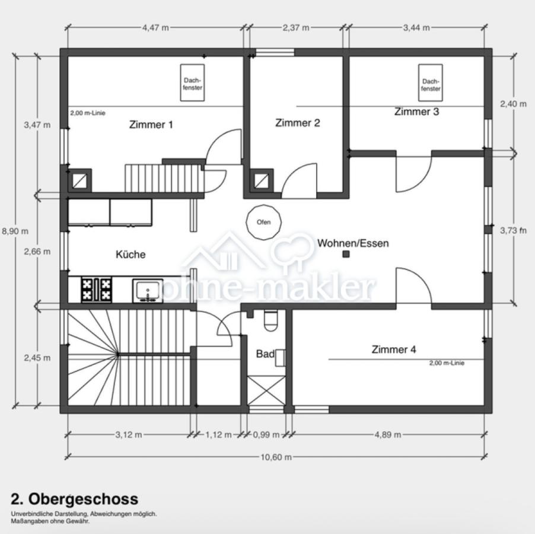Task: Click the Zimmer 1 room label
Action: click(x=151, y=125)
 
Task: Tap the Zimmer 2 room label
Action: click(x=298, y=123)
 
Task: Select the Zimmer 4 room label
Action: click(x=394, y=349)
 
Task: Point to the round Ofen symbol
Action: click(x=263, y=222)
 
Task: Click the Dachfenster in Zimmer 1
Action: click(x=192, y=83)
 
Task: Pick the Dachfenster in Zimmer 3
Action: click(x=431, y=83)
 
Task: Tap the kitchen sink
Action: click(x=148, y=290)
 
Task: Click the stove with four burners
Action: click(x=97, y=290)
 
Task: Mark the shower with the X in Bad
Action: click(x=266, y=390)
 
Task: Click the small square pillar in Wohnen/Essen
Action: click(x=346, y=254)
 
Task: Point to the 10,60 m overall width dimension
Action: click(x=276, y=457)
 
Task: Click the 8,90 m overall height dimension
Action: click(x=15, y=231)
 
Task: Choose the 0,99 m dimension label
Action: click(x=266, y=435)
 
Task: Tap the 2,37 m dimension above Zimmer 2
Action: click(x=296, y=28)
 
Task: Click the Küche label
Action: click(x=130, y=255)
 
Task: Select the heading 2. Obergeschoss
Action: click(x=75, y=499)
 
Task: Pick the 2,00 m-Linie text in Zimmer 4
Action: click(x=447, y=363)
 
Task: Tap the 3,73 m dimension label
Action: click(x=514, y=231)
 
